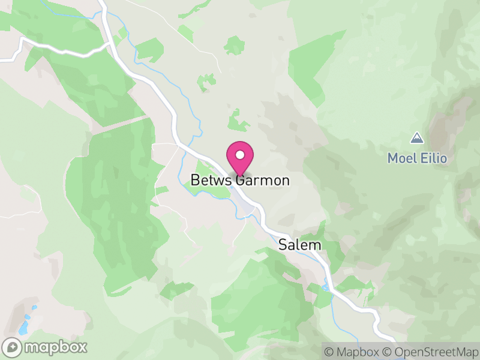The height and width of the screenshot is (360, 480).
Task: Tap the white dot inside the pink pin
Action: [240, 155]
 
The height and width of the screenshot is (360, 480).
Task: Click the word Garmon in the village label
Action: [264, 180]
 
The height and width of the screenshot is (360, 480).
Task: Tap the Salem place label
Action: [300, 245]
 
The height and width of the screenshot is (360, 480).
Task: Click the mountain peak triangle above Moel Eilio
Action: [416, 139]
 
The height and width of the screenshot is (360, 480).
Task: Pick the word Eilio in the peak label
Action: [433, 158]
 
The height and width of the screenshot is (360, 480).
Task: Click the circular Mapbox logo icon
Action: [12, 347]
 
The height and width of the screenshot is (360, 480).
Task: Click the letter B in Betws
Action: [194, 180]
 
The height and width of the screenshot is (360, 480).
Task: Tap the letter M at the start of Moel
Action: [392, 158]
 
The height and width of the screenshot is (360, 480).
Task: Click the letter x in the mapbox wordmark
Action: [82, 347]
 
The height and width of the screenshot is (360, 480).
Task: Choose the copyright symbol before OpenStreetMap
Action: [388, 351]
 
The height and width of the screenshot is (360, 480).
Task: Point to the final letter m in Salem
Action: [316, 245]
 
